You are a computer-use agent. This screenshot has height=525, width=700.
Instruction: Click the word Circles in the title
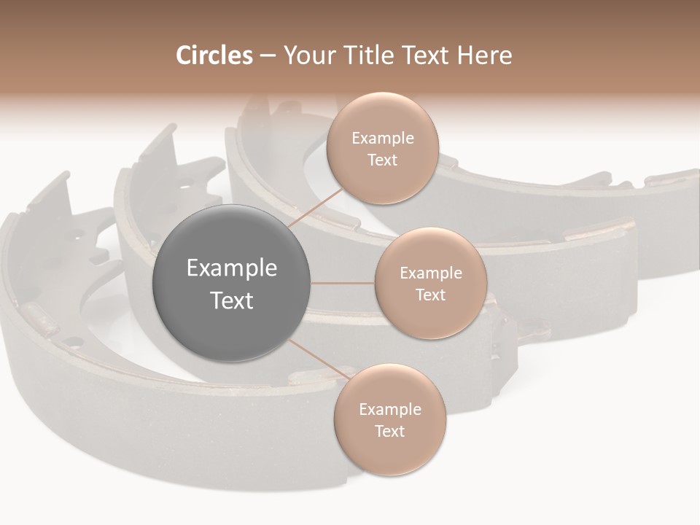pos(214,55)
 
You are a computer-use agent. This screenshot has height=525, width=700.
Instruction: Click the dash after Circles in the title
pos(267,56)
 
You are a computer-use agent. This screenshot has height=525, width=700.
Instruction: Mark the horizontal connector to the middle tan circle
pos(343,283)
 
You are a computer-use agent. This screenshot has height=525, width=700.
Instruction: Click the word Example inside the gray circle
pos(232,268)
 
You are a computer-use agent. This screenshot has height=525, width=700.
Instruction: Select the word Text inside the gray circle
pos(232,300)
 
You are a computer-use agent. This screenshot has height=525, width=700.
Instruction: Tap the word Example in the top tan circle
pos(382,139)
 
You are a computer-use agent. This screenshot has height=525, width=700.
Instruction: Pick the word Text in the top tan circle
pos(382,160)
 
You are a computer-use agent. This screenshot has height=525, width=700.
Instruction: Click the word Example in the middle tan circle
pos(430,273)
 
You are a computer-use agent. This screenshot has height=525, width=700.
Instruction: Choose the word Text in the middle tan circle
pos(430,295)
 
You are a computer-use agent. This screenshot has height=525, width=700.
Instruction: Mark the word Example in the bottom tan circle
pos(389,410)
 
